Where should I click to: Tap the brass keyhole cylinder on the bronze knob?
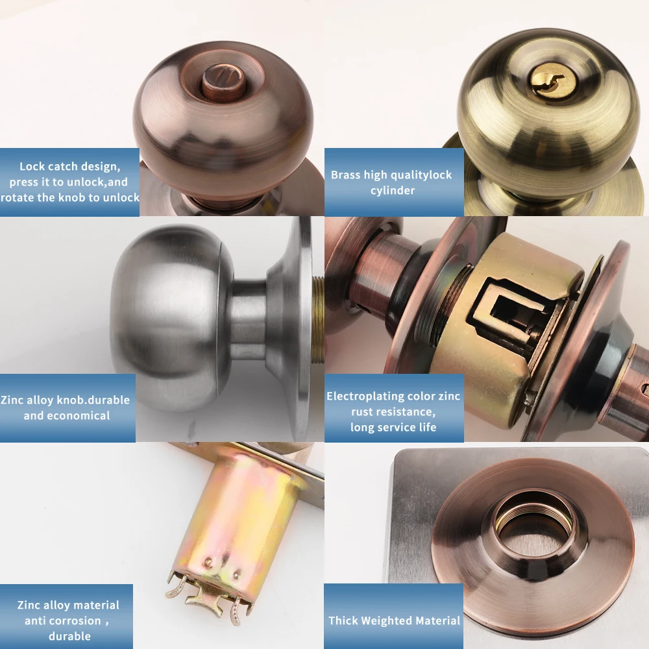point(545,83)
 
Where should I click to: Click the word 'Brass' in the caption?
point(345,175)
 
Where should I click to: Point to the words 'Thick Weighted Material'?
point(394,621)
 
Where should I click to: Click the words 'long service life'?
point(393,427)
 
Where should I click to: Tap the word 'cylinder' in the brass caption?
point(393,190)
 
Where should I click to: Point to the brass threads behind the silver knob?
point(317,318)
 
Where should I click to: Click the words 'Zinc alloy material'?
point(68,605)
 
